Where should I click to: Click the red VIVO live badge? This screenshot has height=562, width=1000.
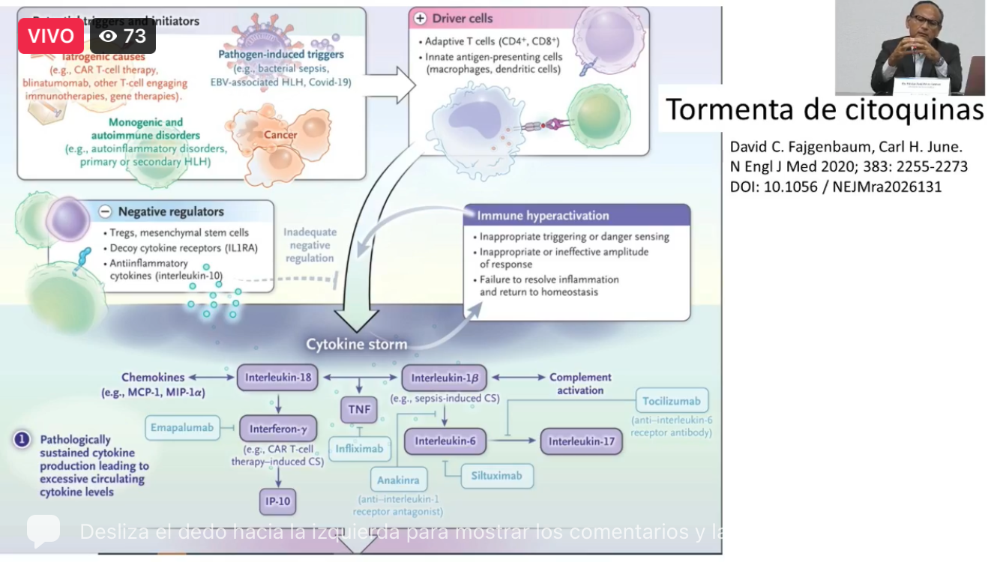(51, 36)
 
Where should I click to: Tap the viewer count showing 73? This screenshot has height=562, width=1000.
(123, 36)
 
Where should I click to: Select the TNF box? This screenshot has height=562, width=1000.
(358, 409)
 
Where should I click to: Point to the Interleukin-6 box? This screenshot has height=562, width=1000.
(445, 441)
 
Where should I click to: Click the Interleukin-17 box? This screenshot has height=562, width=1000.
(581, 441)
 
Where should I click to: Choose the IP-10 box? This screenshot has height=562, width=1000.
(278, 501)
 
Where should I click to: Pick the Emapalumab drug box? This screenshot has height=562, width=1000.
(182, 428)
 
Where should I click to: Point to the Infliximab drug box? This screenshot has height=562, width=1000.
(359, 448)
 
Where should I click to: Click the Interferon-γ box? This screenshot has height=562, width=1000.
(278, 429)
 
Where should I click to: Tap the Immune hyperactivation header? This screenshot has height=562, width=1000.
(543, 216)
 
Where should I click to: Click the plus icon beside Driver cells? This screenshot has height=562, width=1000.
(420, 18)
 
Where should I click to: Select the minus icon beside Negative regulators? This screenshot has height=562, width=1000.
(106, 211)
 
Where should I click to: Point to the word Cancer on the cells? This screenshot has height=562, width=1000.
(280, 135)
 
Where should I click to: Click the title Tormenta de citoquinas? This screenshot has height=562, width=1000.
(825, 109)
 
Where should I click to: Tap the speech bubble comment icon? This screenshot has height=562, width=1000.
(43, 530)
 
